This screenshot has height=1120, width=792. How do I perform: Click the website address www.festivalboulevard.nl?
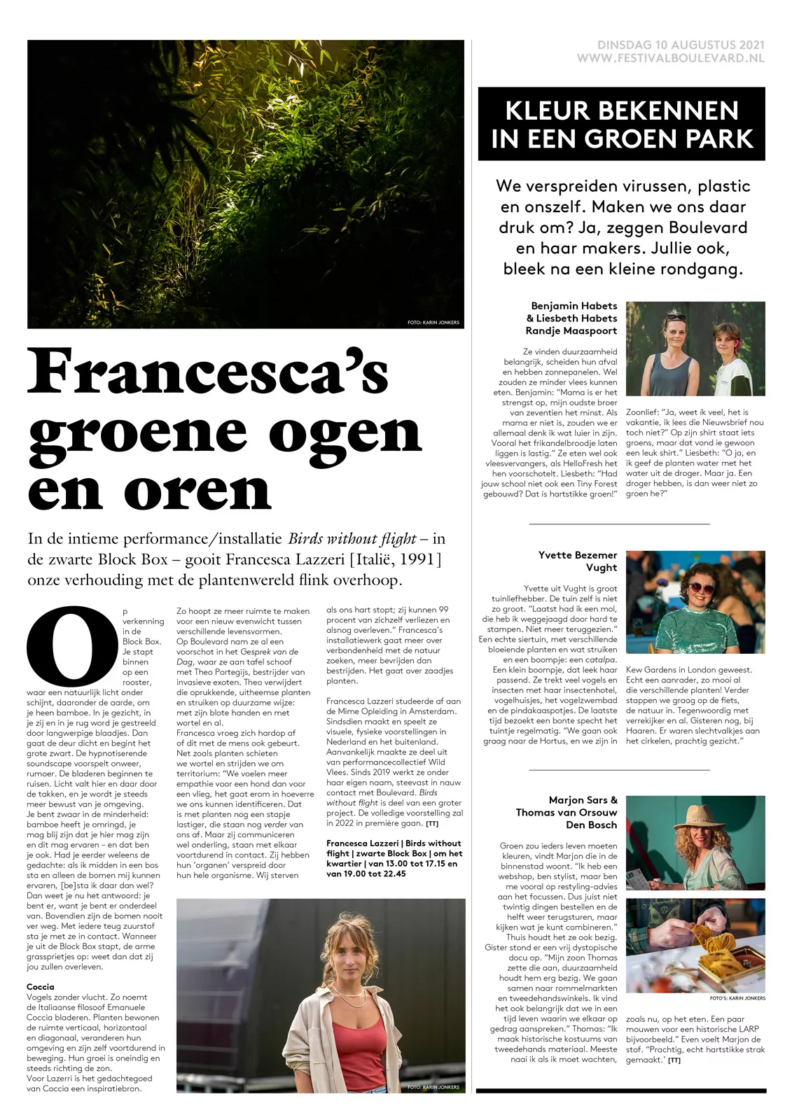tap(670, 59)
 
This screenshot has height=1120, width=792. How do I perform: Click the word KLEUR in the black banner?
tap(552, 111)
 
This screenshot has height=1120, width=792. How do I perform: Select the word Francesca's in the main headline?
tap(208, 372)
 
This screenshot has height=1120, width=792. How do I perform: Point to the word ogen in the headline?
tap(345, 433)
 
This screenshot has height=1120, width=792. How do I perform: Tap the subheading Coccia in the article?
tap(41, 987)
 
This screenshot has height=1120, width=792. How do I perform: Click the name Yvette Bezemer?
tap(578, 555)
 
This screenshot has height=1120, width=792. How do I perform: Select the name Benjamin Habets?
tap(574, 306)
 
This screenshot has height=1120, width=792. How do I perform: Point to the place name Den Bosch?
tap(591, 825)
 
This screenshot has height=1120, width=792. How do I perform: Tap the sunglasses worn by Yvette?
tap(691, 589)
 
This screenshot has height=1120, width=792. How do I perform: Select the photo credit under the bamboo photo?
tap(433, 323)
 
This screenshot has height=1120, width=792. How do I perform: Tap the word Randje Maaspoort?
tap(571, 331)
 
